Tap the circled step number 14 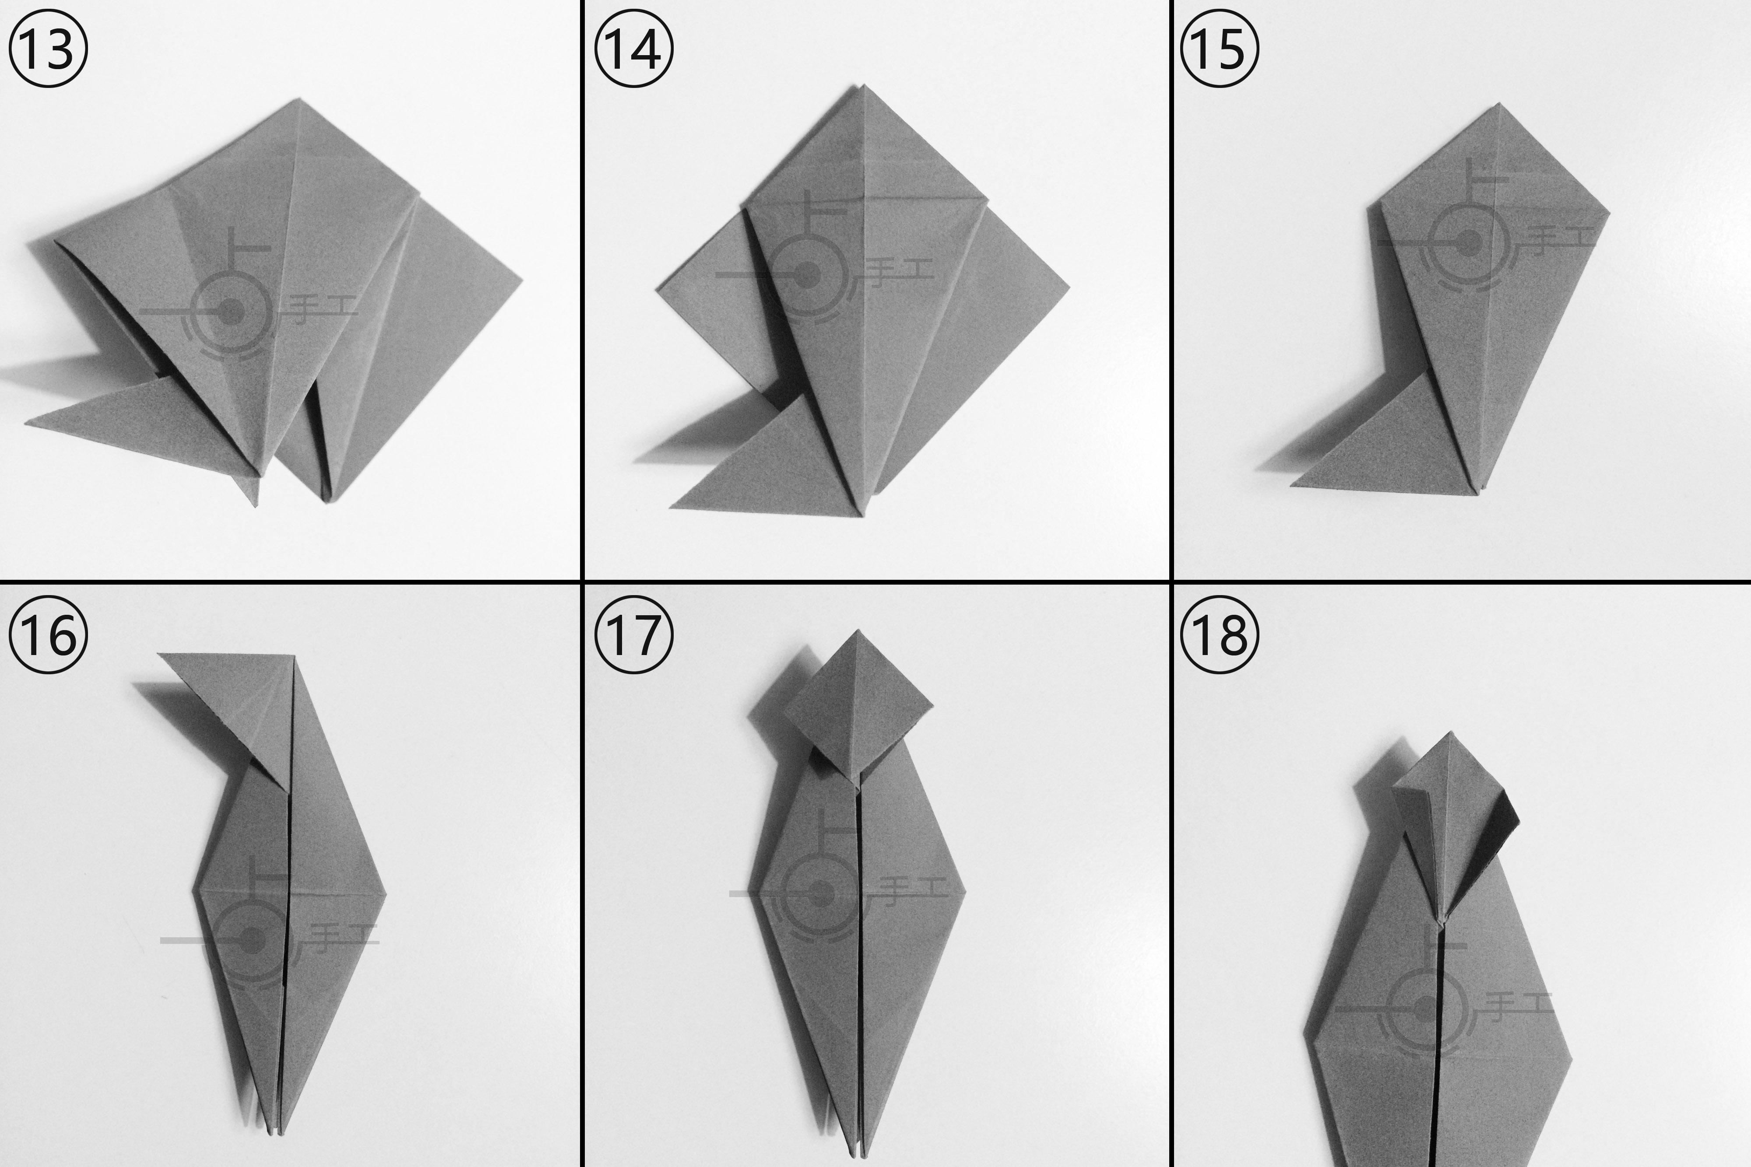point(633,49)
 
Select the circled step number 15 point(1220,49)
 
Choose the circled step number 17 point(633,635)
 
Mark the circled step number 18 point(1220,635)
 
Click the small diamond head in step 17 point(858,703)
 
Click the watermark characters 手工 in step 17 point(914,887)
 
